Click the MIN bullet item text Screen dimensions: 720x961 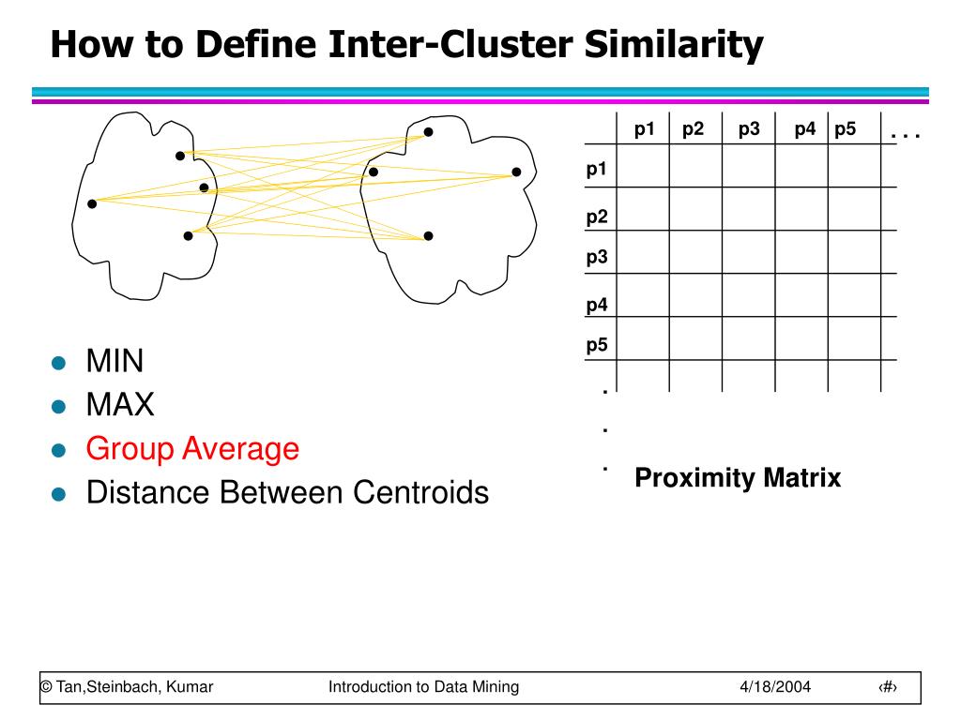tap(115, 361)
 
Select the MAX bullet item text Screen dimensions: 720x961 tap(120, 405)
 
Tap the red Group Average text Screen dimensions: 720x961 tap(192, 449)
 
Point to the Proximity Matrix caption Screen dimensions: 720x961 tap(738, 478)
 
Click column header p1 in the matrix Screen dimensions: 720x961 tap(644, 129)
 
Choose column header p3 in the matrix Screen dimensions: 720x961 tap(749, 129)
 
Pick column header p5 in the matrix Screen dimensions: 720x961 tap(845, 129)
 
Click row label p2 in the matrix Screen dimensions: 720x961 tap(597, 217)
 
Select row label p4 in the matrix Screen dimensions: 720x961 tap(597, 305)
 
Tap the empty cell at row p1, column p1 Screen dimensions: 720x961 tap(643, 166)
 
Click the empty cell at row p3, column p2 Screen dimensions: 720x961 tap(695, 252)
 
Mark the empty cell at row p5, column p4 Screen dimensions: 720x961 tap(801, 338)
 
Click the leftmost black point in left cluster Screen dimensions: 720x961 tap(92, 203)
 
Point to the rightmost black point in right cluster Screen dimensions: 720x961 tap(516, 172)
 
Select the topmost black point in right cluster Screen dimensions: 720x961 tap(428, 132)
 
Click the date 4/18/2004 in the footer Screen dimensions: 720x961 tap(774, 687)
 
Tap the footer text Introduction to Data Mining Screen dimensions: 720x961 tap(423, 687)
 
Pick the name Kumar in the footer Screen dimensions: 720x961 tap(190, 687)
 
